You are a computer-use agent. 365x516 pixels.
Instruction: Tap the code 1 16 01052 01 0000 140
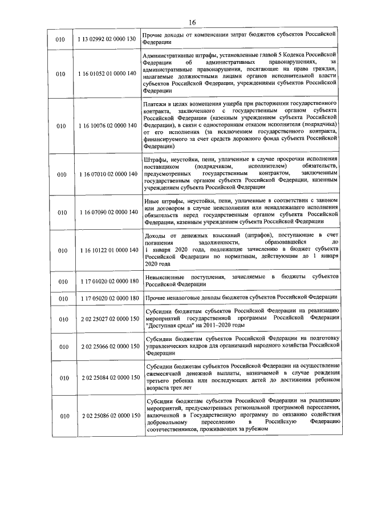(106, 74)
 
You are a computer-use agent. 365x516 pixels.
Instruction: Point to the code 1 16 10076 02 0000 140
(106, 125)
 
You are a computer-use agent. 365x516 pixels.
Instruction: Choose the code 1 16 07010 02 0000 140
(106, 173)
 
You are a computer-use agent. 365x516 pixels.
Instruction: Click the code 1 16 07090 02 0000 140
(106, 212)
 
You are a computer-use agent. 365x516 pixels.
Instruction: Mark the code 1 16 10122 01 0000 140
(106, 250)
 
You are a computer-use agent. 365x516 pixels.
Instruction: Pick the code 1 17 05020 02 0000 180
(106, 298)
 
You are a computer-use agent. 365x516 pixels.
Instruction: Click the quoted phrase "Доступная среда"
(171, 326)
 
